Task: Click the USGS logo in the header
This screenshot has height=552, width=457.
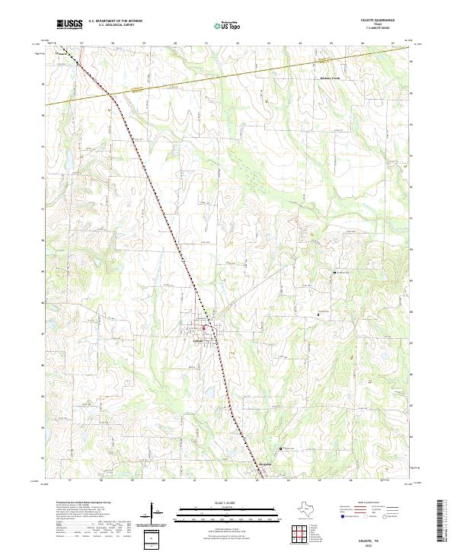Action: pyautogui.click(x=69, y=24)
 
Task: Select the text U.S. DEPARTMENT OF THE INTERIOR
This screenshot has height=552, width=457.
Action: pyautogui.click(x=113, y=22)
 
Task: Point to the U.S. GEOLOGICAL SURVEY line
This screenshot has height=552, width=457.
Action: pyautogui.click(x=111, y=26)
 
